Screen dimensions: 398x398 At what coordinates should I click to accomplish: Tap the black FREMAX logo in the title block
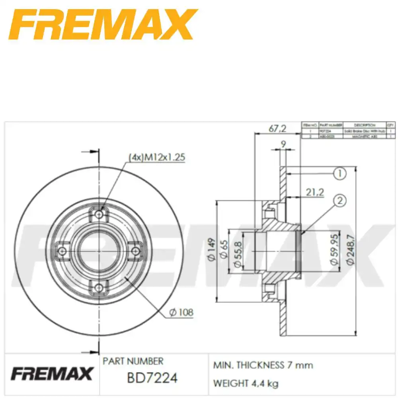pyautogui.click(x=52, y=374)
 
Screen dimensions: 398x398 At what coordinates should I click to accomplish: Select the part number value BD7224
pyautogui.click(x=152, y=377)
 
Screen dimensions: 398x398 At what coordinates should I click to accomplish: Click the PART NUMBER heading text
pyautogui.click(x=133, y=361)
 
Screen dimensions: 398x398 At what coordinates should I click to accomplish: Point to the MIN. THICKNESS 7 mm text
pyautogui.click(x=263, y=365)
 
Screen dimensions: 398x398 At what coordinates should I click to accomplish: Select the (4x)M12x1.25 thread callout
pyautogui.click(x=156, y=157)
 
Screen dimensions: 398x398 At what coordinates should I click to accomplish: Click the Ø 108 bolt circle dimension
pyautogui.click(x=181, y=313)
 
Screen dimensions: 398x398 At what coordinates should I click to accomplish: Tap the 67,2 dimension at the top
pyautogui.click(x=277, y=128)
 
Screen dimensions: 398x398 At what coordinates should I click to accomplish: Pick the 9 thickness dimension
pyautogui.click(x=283, y=144)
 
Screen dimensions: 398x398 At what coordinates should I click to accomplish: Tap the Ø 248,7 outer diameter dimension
pyautogui.click(x=350, y=250)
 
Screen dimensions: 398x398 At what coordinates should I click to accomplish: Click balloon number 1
pyautogui.click(x=339, y=174)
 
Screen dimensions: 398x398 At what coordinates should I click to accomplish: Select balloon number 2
pyautogui.click(x=339, y=201)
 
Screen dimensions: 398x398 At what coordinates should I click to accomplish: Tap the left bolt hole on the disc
pyautogui.click(x=62, y=251)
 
